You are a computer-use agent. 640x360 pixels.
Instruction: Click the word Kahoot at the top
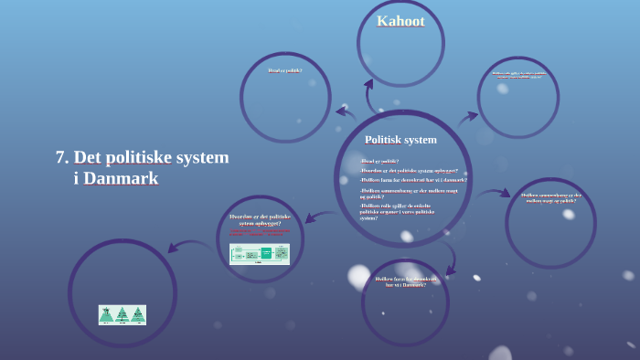400,21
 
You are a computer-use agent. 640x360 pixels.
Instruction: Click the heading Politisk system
400,140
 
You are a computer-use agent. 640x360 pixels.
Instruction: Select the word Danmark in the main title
121,179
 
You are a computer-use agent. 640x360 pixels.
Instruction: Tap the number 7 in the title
60,157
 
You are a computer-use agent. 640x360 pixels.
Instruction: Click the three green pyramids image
123,314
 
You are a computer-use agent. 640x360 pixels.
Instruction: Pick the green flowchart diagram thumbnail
260,254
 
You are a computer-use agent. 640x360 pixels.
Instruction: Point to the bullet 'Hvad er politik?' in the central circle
380,161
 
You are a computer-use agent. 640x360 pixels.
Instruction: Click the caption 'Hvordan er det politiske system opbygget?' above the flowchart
260,219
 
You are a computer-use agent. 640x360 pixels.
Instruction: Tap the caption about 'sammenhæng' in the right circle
550,196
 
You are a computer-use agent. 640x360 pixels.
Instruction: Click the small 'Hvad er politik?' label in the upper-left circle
284,70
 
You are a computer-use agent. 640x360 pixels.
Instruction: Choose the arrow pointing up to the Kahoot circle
370,94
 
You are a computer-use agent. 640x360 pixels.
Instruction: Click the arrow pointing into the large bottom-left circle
188,246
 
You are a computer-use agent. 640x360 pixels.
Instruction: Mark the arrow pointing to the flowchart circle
320,217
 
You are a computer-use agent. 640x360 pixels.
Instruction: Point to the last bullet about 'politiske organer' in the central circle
398,212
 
